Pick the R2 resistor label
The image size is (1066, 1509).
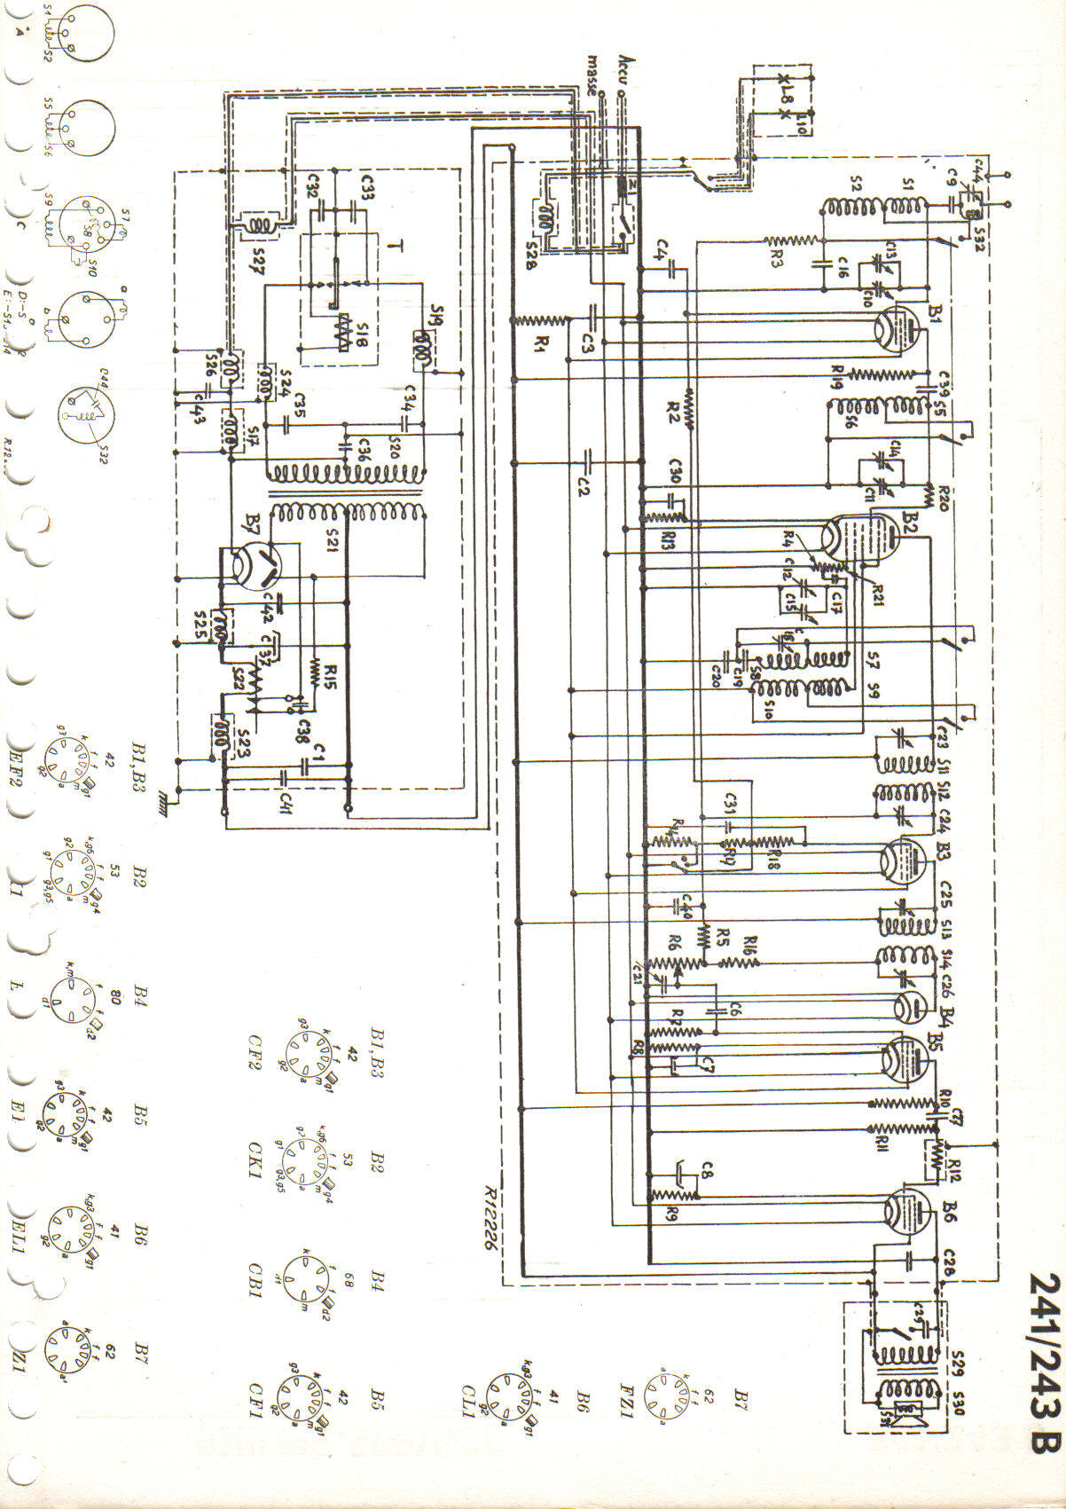pyautogui.click(x=673, y=410)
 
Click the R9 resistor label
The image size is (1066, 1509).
pyautogui.click(x=671, y=1215)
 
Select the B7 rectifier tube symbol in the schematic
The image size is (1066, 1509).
pyautogui.click(x=251, y=565)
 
